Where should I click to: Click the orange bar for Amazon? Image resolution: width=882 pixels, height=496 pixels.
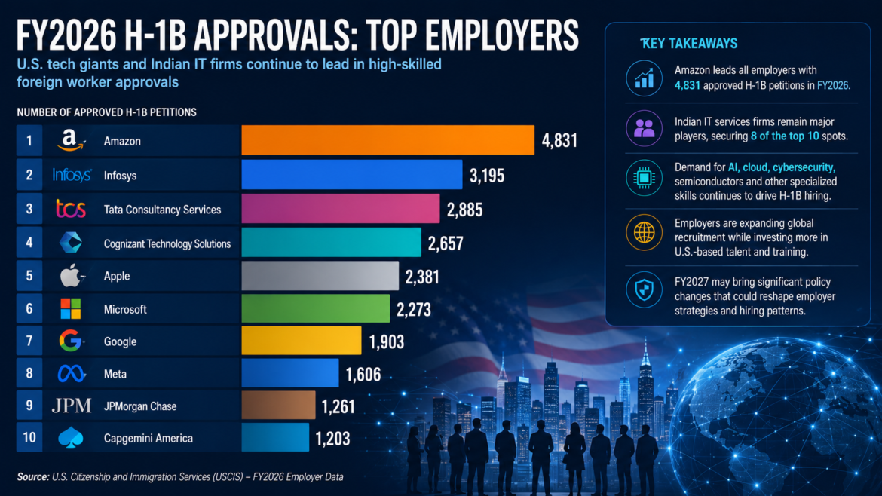click(x=387, y=140)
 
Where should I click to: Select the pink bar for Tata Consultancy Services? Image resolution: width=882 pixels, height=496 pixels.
click(x=340, y=209)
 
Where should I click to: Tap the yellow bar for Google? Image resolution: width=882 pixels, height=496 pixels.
click(x=302, y=341)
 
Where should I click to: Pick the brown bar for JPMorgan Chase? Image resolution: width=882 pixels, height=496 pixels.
click(x=278, y=406)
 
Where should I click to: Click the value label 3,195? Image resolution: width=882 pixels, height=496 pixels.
click(x=487, y=176)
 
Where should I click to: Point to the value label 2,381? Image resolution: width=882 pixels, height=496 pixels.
click(x=422, y=277)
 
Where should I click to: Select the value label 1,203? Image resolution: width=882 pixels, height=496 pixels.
click(x=332, y=438)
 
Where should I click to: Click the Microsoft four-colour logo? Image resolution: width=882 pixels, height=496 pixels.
click(x=71, y=309)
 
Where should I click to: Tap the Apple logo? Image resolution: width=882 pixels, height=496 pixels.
click(x=72, y=276)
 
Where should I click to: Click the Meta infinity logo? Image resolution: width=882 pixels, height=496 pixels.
click(x=71, y=373)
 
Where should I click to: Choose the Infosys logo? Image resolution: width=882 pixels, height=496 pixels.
click(x=72, y=175)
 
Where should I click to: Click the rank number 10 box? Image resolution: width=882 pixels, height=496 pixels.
click(x=29, y=437)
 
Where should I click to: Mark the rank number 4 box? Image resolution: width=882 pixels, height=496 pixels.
click(x=29, y=243)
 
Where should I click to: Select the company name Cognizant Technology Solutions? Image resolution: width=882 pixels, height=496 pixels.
click(x=167, y=243)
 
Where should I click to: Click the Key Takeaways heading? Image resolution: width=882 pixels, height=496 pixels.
click(x=689, y=43)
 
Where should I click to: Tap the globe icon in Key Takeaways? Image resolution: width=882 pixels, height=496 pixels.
click(x=644, y=232)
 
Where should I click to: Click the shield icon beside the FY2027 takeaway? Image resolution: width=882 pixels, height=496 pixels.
click(x=644, y=290)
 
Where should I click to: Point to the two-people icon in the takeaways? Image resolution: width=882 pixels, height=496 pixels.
click(x=644, y=128)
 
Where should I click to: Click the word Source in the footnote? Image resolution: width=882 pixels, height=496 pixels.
click(x=33, y=477)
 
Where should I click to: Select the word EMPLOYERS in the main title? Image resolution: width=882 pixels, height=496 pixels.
click(x=502, y=35)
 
